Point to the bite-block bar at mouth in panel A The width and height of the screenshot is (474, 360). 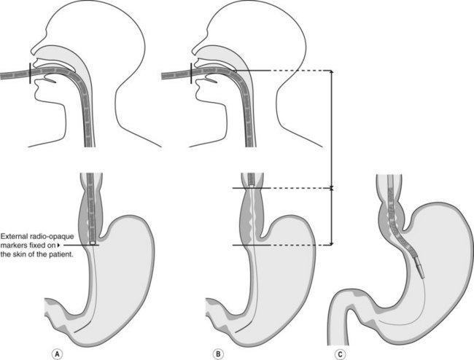(30, 74)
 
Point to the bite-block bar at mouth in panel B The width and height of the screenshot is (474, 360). (190, 74)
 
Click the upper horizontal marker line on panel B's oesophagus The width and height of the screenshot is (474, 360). (252, 189)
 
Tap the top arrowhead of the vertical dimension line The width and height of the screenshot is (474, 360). (333, 73)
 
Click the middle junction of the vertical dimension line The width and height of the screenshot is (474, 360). (333, 189)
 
